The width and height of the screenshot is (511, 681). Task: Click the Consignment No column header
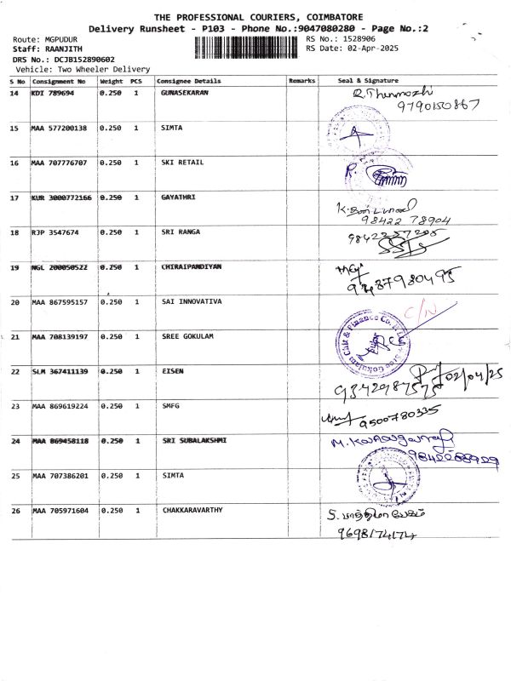[x=59, y=81]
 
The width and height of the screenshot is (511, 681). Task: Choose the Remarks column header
[x=301, y=81]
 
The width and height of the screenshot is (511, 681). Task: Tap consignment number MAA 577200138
[x=59, y=128]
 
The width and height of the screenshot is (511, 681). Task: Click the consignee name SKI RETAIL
[x=182, y=162]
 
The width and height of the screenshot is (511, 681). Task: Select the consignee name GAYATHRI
[x=178, y=197]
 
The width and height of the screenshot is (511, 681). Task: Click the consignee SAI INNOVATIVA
[x=192, y=301]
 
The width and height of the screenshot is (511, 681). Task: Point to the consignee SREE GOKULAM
[x=187, y=336]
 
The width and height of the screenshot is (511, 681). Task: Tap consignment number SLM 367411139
[x=59, y=371]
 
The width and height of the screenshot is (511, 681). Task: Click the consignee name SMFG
[x=171, y=406]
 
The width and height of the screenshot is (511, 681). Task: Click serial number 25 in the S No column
[x=14, y=476]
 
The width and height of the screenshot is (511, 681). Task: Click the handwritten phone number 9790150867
[x=437, y=106]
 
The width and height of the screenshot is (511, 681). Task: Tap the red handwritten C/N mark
[x=419, y=316]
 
